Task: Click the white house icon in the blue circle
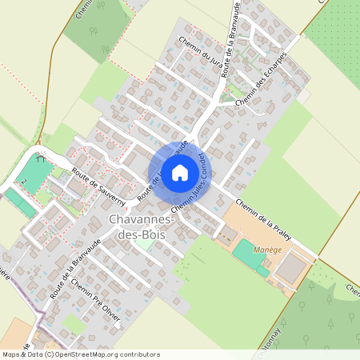click(179, 172)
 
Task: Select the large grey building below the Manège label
click(290, 268)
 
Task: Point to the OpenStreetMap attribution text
click(80, 354)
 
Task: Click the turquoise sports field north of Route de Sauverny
click(33, 170)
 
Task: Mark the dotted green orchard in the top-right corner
click(337, 32)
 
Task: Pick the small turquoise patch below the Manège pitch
click(262, 271)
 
